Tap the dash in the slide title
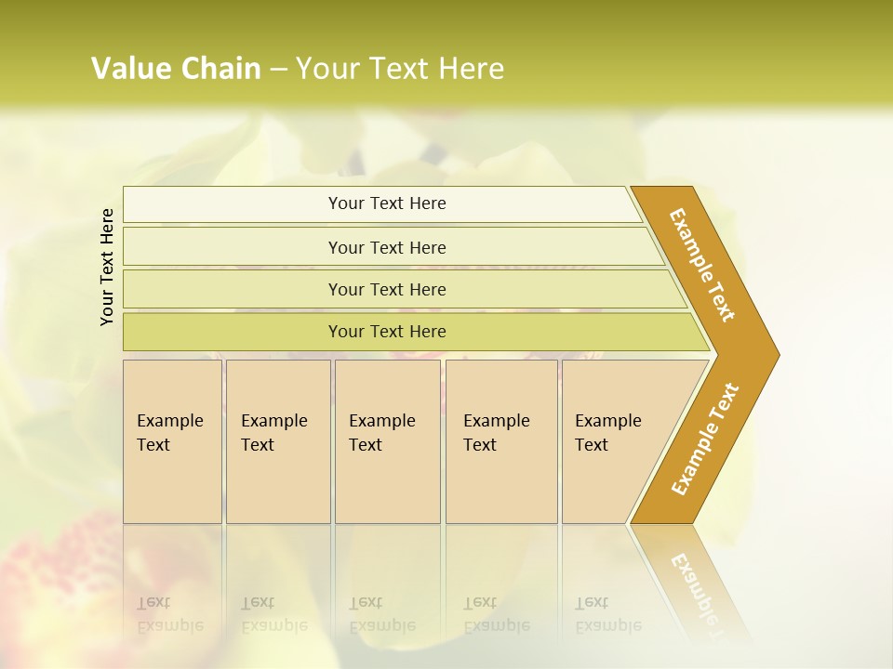point(278,69)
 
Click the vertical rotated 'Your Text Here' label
point(107,267)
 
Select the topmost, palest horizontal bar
point(387,203)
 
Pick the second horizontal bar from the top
point(387,247)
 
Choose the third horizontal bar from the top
point(387,289)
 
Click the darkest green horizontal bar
point(387,332)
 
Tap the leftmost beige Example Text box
point(172,441)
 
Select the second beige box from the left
point(278,441)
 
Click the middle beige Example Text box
point(387,441)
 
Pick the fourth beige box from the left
point(501,441)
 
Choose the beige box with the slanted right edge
point(614,441)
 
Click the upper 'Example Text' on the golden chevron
point(702,265)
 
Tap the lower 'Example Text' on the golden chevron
point(705,439)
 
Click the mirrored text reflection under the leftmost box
point(169,614)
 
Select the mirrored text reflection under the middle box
point(381,614)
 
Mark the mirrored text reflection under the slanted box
point(607,614)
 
